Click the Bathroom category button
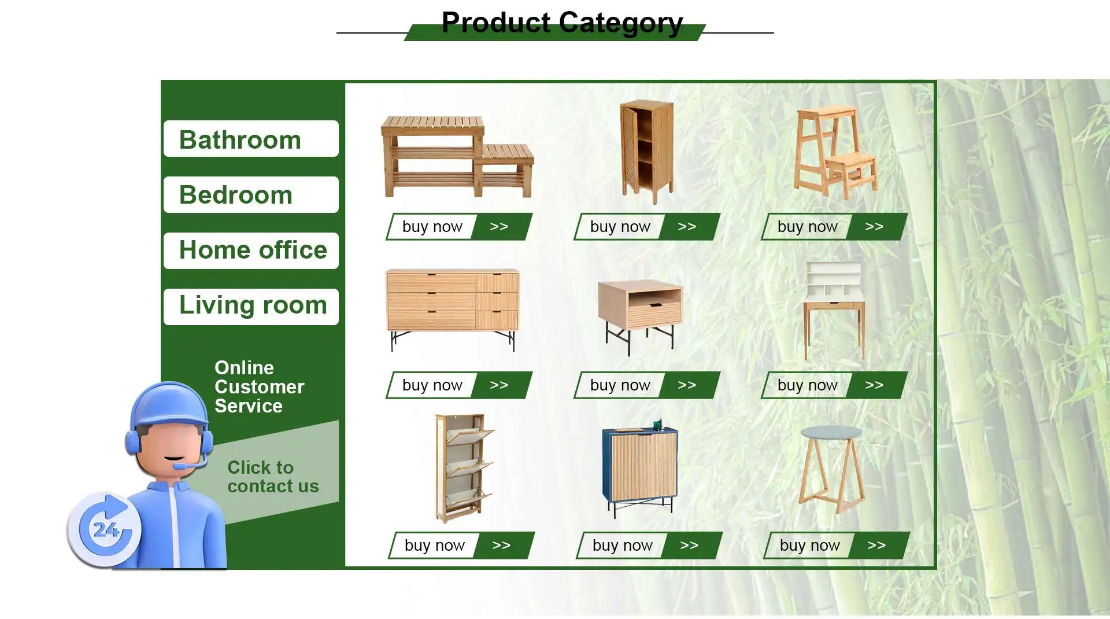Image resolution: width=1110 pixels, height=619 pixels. (251, 139)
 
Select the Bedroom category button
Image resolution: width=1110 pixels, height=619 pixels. (251, 194)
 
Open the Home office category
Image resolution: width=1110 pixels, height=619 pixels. (251, 250)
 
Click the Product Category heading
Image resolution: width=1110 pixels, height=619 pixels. (562, 23)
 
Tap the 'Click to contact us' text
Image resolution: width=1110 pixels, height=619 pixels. (273, 477)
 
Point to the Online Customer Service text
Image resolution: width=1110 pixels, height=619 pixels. (259, 386)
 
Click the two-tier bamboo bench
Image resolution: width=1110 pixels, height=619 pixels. (457, 156)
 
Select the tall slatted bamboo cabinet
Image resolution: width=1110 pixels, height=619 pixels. (647, 152)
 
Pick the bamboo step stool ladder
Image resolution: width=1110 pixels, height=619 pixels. (835, 153)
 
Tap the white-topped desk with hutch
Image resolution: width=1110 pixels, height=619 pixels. (834, 311)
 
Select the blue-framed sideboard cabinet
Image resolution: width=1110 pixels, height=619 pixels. (640, 469)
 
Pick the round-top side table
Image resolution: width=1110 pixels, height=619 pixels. (831, 469)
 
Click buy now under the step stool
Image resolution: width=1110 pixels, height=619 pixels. (834, 227)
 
